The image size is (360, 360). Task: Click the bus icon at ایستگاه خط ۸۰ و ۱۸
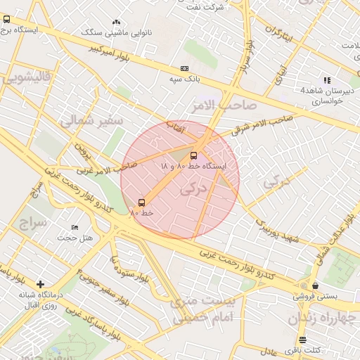[193, 155]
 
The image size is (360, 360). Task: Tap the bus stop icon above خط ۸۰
[142, 202]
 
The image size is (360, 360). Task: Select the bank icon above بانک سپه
[184, 68]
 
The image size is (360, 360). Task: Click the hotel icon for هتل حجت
[75, 228]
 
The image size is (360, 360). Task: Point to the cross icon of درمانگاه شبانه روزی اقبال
[40, 284]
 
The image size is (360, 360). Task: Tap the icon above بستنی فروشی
[315, 285]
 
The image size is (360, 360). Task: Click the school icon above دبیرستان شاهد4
[326, 80]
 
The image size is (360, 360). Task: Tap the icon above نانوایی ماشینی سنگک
[115, 22]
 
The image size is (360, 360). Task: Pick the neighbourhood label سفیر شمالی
[91, 121]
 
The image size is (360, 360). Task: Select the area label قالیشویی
[25, 77]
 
